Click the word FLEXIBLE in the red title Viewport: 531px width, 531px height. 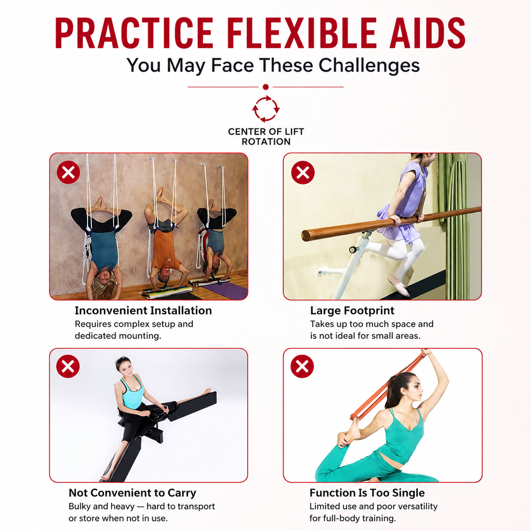click(x=301, y=33)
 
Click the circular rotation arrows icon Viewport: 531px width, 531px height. click(x=266, y=109)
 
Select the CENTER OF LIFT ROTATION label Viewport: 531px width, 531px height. click(x=266, y=137)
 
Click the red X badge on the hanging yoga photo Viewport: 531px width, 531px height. click(x=68, y=173)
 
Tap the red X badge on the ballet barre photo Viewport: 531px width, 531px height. click(x=303, y=173)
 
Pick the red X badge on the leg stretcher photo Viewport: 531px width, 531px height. click(x=68, y=366)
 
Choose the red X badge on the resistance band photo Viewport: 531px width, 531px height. click(x=302, y=366)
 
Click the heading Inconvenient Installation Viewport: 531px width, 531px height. click(x=143, y=311)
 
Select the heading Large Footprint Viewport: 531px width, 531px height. click(x=352, y=311)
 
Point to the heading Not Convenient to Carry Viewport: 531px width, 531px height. click(x=132, y=493)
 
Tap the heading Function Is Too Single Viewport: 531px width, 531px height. click(x=367, y=493)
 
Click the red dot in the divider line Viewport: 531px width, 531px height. click(x=266, y=87)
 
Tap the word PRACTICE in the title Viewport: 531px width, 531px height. click(x=134, y=33)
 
